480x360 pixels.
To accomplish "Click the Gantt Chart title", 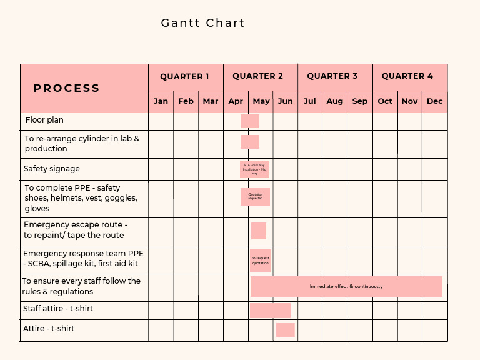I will [x=203, y=23].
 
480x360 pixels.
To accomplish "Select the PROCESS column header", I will [x=67, y=88].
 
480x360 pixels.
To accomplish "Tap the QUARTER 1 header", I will [x=185, y=76].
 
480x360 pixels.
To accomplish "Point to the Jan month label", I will [x=161, y=101].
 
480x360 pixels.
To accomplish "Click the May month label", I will [x=261, y=101].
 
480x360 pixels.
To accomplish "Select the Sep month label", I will [x=360, y=101].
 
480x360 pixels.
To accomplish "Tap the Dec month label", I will [x=435, y=101].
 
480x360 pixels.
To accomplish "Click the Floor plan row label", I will [x=44, y=120].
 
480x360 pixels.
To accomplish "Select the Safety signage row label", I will [x=52, y=169].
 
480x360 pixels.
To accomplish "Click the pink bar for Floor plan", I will [x=250, y=121].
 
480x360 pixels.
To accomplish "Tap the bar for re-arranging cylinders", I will [x=250, y=142].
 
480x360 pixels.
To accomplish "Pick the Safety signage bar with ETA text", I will [x=254, y=169].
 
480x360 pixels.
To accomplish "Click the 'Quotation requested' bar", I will [x=256, y=197].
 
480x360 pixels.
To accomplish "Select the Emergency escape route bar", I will [x=259, y=231].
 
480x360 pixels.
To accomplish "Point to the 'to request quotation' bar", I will [x=261, y=261].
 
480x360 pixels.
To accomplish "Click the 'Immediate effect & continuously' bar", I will [x=346, y=286].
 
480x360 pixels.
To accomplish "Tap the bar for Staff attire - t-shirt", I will [x=270, y=310].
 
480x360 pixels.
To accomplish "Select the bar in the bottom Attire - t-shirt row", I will [x=285, y=330].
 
